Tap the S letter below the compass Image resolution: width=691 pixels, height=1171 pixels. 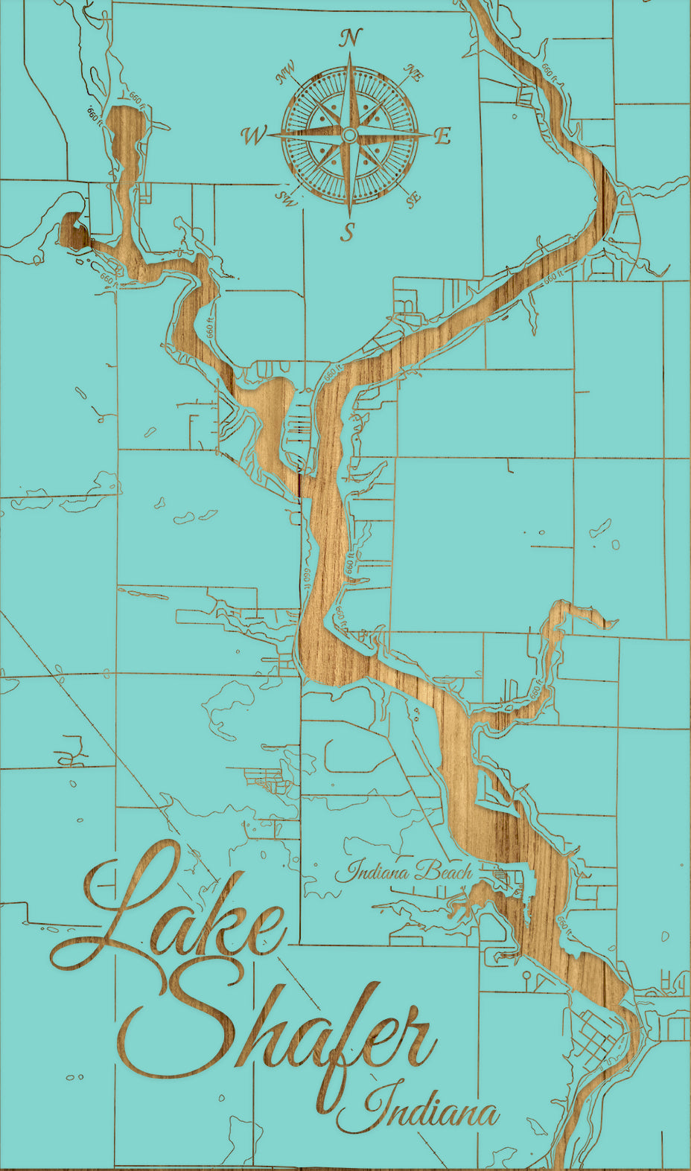(x=348, y=232)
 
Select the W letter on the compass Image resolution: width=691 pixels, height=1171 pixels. (x=253, y=135)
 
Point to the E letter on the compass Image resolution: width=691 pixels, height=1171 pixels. (x=442, y=136)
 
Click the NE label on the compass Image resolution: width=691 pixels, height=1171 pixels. (x=413, y=73)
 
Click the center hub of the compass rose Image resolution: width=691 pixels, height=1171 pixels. (x=349, y=135)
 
